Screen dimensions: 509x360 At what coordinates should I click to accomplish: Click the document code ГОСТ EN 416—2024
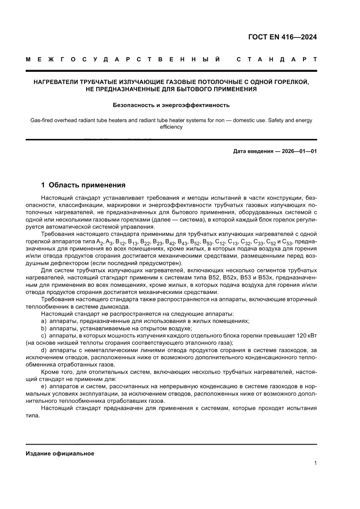click(283, 37)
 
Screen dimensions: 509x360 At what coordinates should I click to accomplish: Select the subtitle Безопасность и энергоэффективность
click(171, 105)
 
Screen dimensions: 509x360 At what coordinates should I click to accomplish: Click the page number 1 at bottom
click(315, 463)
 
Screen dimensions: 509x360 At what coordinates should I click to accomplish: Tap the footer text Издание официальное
click(60, 453)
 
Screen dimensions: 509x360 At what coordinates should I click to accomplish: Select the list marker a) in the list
click(44, 321)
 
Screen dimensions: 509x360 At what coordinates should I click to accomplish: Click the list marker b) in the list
click(44, 328)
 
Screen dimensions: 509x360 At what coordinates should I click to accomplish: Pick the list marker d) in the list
click(44, 350)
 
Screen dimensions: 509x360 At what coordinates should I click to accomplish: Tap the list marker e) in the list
click(44, 386)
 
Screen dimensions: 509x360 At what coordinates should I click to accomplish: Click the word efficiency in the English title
click(171, 127)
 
